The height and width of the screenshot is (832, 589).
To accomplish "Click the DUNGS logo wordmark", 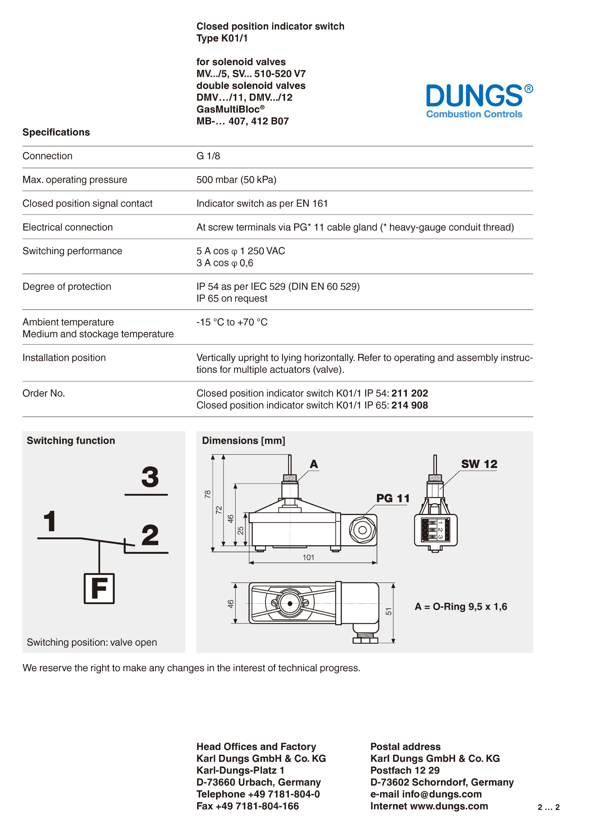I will coord(474,96).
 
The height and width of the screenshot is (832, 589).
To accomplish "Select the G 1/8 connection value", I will coord(208,156).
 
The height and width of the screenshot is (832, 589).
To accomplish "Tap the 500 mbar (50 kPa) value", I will coord(236,180).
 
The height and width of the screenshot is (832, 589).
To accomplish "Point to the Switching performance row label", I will coord(72,251).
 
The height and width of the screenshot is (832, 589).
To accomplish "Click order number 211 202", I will coord(410,393).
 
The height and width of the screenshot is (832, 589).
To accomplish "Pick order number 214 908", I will coord(410,405).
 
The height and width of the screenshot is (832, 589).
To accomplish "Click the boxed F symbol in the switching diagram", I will coord(99,588).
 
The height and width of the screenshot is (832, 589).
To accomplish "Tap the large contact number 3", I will coord(150,477).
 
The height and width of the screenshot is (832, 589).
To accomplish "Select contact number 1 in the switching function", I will coord(50,521).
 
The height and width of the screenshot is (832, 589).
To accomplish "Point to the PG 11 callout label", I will coord(393,498).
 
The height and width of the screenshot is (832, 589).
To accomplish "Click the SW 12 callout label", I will coord(479,464).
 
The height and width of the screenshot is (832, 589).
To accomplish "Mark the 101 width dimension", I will coord(308,557).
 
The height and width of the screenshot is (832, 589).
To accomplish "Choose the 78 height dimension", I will coord(208,494).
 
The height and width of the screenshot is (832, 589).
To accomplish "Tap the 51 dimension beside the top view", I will coord(389,611).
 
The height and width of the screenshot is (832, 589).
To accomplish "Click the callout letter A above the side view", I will coord(314,464).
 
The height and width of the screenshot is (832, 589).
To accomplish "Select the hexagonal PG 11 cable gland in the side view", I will coord(362,530).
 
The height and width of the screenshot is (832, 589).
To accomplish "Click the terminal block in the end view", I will coord(435,530).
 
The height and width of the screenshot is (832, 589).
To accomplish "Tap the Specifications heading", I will coord(56,132).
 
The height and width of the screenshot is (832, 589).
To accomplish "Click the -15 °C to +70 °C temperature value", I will coord(232,322).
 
